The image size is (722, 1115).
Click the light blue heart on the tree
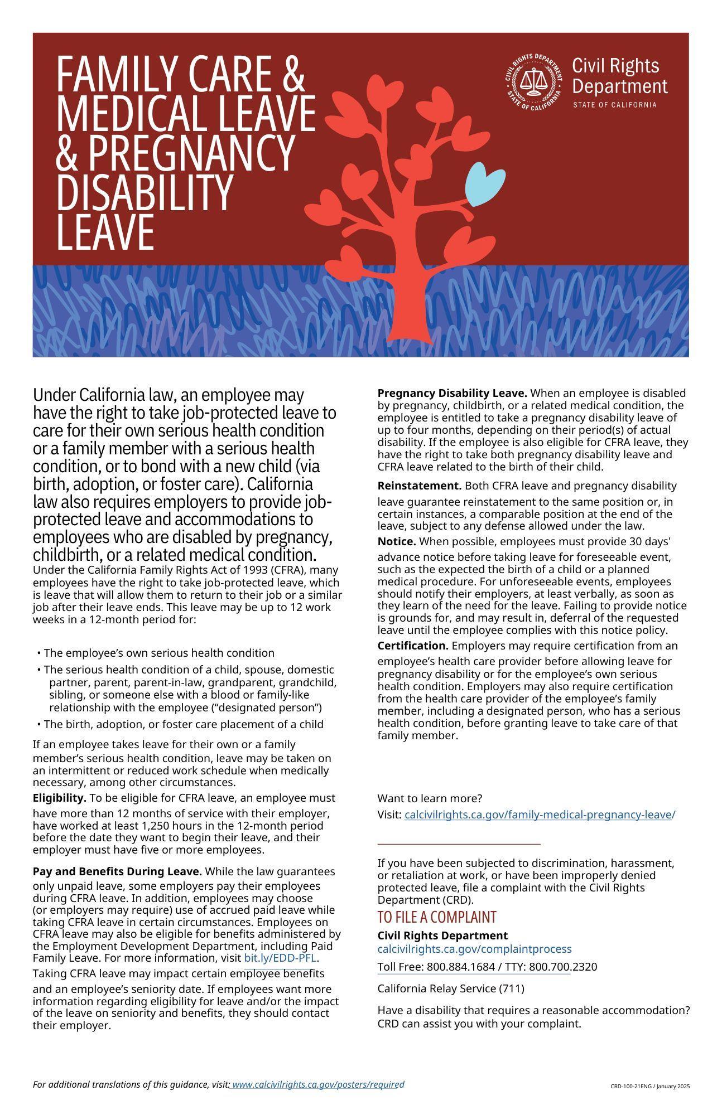point(484,183)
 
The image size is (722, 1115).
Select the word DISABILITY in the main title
point(144,191)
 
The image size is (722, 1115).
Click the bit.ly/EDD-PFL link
point(280,958)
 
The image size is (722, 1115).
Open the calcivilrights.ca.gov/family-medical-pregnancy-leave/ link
point(539,815)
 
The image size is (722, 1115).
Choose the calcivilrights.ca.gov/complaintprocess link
point(474,949)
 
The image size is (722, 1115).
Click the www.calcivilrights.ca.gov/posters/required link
point(317,1084)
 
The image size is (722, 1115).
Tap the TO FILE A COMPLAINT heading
point(436,917)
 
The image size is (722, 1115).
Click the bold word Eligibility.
point(59,798)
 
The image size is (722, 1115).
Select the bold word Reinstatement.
point(419,486)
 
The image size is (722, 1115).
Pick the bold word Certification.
point(413,646)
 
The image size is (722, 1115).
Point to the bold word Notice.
point(396,541)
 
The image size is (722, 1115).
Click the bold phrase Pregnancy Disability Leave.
point(452,393)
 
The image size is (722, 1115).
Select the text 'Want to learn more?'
point(430,798)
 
